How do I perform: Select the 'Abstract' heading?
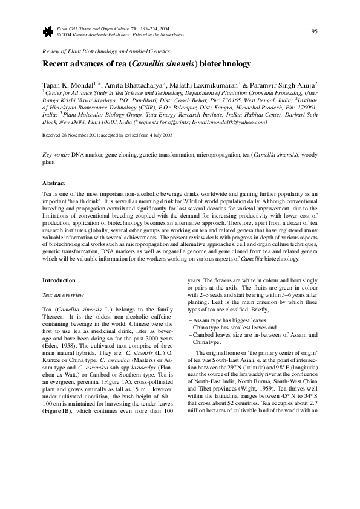(x=53, y=182)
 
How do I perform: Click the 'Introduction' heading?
(x=59, y=280)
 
